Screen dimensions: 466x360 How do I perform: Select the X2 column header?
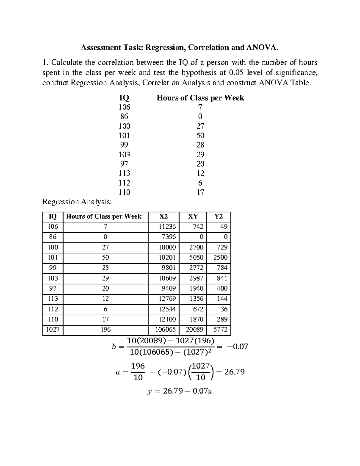[163, 216]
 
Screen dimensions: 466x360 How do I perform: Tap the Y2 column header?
[219, 216]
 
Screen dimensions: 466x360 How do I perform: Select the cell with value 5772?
[220, 329]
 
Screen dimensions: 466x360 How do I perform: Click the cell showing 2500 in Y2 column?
[220, 257]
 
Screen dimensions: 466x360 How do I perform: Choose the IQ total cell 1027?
[53, 329]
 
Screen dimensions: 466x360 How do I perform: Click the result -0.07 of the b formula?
[238, 347]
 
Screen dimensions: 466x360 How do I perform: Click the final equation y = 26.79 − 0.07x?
[180, 391]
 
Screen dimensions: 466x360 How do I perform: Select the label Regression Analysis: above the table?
[77, 202]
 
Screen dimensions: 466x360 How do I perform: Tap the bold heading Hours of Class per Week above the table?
[200, 98]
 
